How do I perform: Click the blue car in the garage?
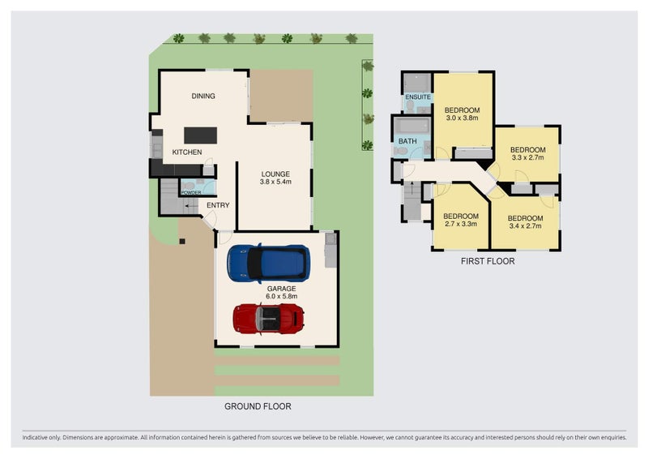coord(268,264)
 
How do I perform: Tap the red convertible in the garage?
coord(269,319)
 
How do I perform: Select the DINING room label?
coord(203,96)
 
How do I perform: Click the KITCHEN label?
coord(187,152)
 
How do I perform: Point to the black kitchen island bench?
coord(200,135)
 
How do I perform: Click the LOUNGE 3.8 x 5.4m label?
coord(275,178)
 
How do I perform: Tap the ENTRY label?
coord(218,205)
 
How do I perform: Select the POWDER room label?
coord(191,192)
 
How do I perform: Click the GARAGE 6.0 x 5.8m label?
coord(281,292)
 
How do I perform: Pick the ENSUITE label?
coord(418,97)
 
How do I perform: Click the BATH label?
coord(407,141)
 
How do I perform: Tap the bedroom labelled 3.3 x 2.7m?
coord(528,153)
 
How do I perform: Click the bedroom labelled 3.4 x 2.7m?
coord(525,222)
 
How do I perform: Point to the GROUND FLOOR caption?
coord(258,406)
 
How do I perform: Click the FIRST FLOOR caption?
coord(488,261)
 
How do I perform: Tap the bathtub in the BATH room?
coord(412,126)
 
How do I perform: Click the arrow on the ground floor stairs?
coord(191,205)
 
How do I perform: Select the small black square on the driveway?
coord(181,242)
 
